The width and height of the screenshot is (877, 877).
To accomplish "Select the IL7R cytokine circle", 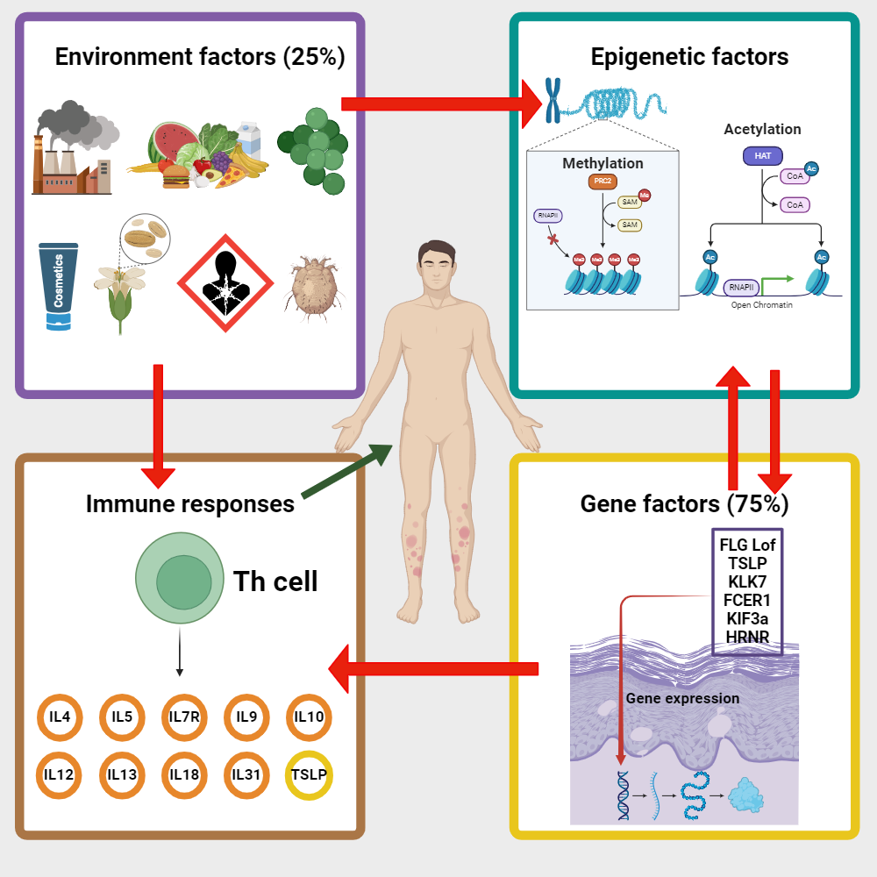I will coord(184,717).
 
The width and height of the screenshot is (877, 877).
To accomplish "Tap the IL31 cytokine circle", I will coord(246,774).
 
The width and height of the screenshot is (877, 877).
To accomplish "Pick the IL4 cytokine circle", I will coord(60,717).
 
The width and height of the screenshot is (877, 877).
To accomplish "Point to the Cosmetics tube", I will coord(59,286).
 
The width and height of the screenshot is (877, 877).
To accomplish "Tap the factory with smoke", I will coord(72,149).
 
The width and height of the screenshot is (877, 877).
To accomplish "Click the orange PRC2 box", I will coord(602,182).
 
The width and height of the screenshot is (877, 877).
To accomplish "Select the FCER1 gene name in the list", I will coord(747,600).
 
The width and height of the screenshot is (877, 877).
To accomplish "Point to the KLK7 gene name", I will coord(747,581).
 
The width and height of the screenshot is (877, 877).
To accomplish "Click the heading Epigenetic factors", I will coord(689,57).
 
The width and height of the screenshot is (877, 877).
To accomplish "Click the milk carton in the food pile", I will coord(251,139).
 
